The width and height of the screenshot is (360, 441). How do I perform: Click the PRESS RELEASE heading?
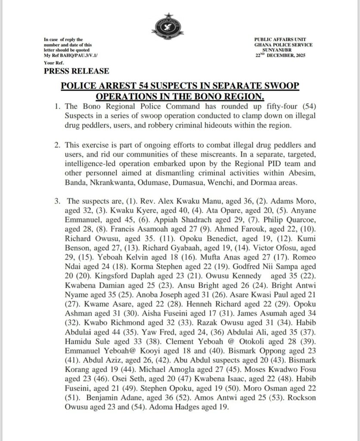pyautogui.click(x=76, y=71)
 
